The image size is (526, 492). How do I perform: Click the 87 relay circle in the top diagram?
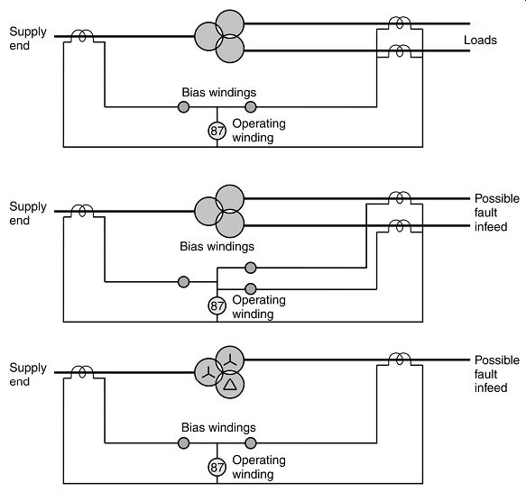217,131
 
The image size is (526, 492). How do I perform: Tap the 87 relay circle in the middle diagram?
217,305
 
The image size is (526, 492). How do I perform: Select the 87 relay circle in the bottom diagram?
217,467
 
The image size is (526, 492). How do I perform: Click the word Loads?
480,41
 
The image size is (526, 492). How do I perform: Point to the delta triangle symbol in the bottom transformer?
230,385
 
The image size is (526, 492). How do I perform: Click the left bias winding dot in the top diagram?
183,107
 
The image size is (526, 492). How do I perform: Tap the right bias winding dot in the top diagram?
251,107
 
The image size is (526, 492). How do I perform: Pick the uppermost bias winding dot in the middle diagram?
251,268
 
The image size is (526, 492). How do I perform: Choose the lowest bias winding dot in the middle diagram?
251,288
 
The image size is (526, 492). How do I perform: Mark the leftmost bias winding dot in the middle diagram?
183,282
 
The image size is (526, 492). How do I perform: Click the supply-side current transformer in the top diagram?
82,35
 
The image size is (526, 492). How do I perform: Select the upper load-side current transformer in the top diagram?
399,23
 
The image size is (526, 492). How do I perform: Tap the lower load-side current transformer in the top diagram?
399,51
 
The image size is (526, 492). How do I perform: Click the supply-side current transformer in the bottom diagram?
82,372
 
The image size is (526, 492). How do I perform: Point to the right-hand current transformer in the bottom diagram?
399,360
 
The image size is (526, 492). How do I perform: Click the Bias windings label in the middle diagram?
217,246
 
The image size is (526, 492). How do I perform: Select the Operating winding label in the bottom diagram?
259,467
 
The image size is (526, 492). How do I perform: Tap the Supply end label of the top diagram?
28,39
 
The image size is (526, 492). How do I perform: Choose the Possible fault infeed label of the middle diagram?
497,213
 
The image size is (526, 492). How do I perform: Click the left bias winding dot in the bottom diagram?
183,443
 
